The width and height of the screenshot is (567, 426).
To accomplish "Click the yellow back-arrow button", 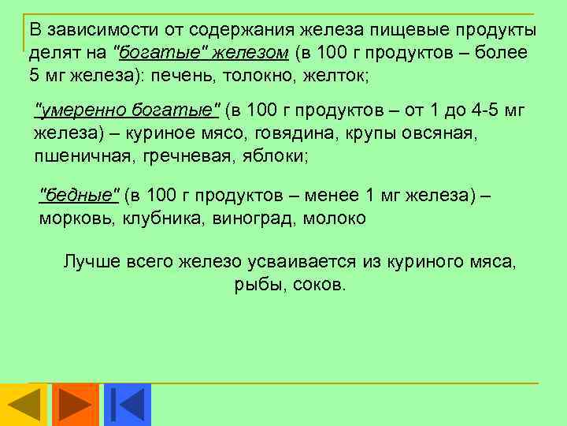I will tap(24, 405).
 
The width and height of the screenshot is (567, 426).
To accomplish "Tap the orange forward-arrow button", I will tap(76, 405).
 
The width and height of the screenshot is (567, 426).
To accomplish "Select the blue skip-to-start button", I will tap(127, 405).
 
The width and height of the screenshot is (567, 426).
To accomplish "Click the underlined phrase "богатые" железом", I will tap(202, 53).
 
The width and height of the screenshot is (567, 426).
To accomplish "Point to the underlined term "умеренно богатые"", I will tap(130, 110).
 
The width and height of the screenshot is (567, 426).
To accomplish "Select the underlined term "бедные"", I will tap(80, 195).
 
